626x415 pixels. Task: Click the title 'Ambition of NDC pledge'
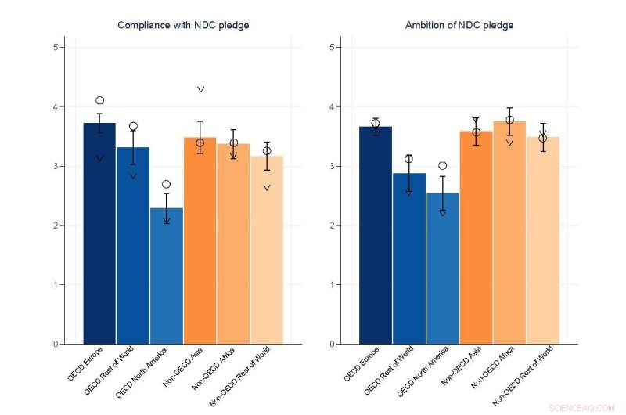pyautogui.click(x=459, y=25)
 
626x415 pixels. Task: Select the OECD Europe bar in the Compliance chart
pyautogui.click(x=99, y=235)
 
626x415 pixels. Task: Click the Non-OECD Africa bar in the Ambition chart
pyautogui.click(x=509, y=235)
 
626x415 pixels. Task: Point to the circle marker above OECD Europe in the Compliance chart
pyautogui.click(x=99, y=100)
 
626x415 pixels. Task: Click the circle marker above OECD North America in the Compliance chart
pyautogui.click(x=166, y=184)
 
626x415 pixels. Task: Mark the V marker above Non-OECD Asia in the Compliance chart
pyautogui.click(x=200, y=89)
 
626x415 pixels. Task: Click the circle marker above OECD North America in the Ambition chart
pyautogui.click(x=442, y=165)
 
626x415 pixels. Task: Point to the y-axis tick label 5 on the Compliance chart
pyautogui.click(x=56, y=47)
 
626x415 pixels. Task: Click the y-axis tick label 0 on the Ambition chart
pyautogui.click(x=332, y=344)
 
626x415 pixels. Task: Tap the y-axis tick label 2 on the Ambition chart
pyautogui.click(x=332, y=226)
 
